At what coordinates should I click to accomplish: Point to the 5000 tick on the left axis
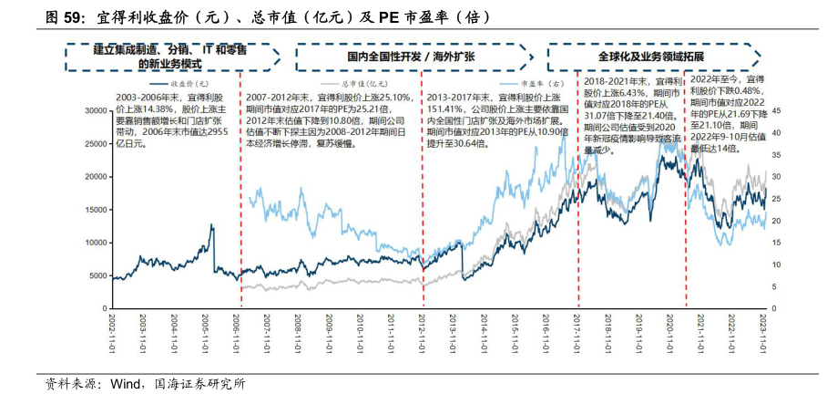pos(96,275)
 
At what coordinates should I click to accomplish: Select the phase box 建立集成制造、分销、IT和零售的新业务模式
pos(171,57)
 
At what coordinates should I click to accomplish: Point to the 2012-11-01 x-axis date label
pos(423,337)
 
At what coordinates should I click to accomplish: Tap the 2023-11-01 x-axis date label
pos(763,337)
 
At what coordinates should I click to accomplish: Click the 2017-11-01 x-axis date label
pos(577,337)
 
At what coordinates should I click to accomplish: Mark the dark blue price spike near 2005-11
pos(212,226)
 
